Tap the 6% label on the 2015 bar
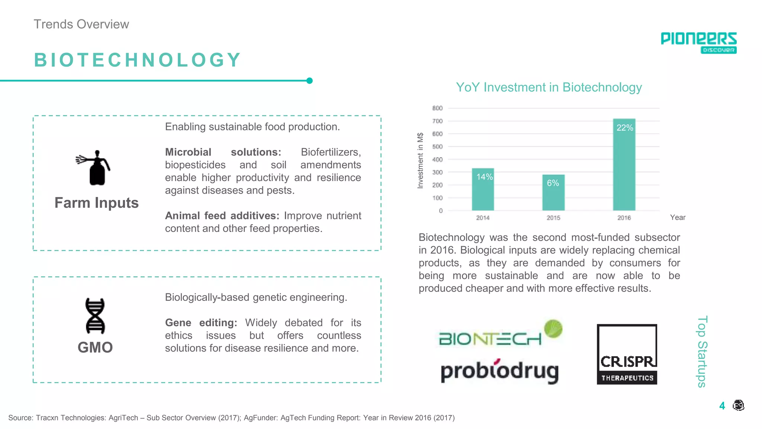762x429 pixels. coord(553,183)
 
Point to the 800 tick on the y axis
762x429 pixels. coord(437,108)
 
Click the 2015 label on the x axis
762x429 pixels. coord(553,217)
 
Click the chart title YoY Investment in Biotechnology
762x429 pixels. coord(549,87)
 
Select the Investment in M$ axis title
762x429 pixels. coord(420,160)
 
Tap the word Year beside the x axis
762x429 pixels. coord(678,217)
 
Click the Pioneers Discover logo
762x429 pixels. coord(698,42)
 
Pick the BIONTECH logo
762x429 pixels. coord(499,334)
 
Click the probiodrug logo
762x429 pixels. coord(499,371)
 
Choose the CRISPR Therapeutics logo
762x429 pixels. coord(627,354)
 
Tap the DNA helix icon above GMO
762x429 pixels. coord(95,316)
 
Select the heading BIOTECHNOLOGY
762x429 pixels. coord(138,60)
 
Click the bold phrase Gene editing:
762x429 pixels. coord(201,322)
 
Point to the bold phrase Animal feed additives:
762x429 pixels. coord(222,216)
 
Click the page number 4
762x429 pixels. coord(722,406)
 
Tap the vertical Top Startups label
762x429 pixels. coord(702,352)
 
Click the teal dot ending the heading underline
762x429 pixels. coord(309,81)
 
